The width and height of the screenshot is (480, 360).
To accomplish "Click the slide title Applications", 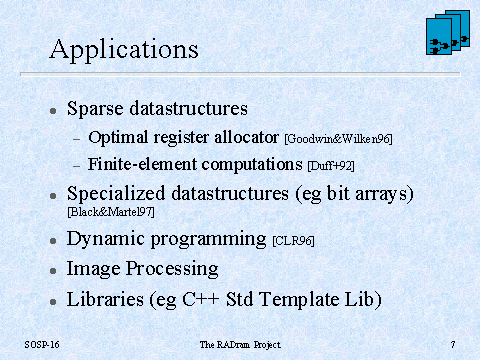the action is pyautogui.click(x=124, y=50).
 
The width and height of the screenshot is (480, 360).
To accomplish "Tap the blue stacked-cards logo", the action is pyautogui.click(x=448, y=32).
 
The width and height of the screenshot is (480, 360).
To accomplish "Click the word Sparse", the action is pyautogui.click(x=95, y=109).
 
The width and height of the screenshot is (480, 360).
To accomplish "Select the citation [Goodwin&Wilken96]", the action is pyautogui.click(x=338, y=139).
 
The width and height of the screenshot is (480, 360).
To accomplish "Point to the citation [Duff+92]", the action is pyautogui.click(x=331, y=166).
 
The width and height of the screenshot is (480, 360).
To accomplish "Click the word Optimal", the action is pyautogui.click(x=118, y=138).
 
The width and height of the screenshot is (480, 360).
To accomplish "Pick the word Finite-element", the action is pyautogui.click(x=142, y=164).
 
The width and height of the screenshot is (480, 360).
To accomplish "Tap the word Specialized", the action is pyautogui.click(x=116, y=194).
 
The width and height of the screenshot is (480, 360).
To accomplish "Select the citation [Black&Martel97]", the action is pyautogui.click(x=111, y=212).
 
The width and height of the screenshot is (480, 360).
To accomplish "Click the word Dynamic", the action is pyautogui.click(x=106, y=239).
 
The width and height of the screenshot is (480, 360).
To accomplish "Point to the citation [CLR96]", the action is pyautogui.click(x=293, y=241).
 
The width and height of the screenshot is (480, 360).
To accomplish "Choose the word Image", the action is pyautogui.click(x=93, y=269).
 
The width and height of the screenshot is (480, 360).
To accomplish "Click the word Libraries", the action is pyautogui.click(x=105, y=299).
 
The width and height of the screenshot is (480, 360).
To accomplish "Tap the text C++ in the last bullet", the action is pyautogui.click(x=201, y=299).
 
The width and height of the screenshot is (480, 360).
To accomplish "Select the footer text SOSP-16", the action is pyautogui.click(x=42, y=344).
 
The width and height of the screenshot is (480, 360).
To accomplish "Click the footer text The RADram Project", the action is pyautogui.click(x=240, y=345).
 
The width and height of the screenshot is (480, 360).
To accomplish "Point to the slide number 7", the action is pyautogui.click(x=453, y=344).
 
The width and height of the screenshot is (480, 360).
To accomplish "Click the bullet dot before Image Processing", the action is pyautogui.click(x=53, y=271).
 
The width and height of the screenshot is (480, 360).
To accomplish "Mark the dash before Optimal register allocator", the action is pyautogui.click(x=77, y=139).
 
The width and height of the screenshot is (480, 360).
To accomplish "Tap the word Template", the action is pyautogui.click(x=299, y=299).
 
